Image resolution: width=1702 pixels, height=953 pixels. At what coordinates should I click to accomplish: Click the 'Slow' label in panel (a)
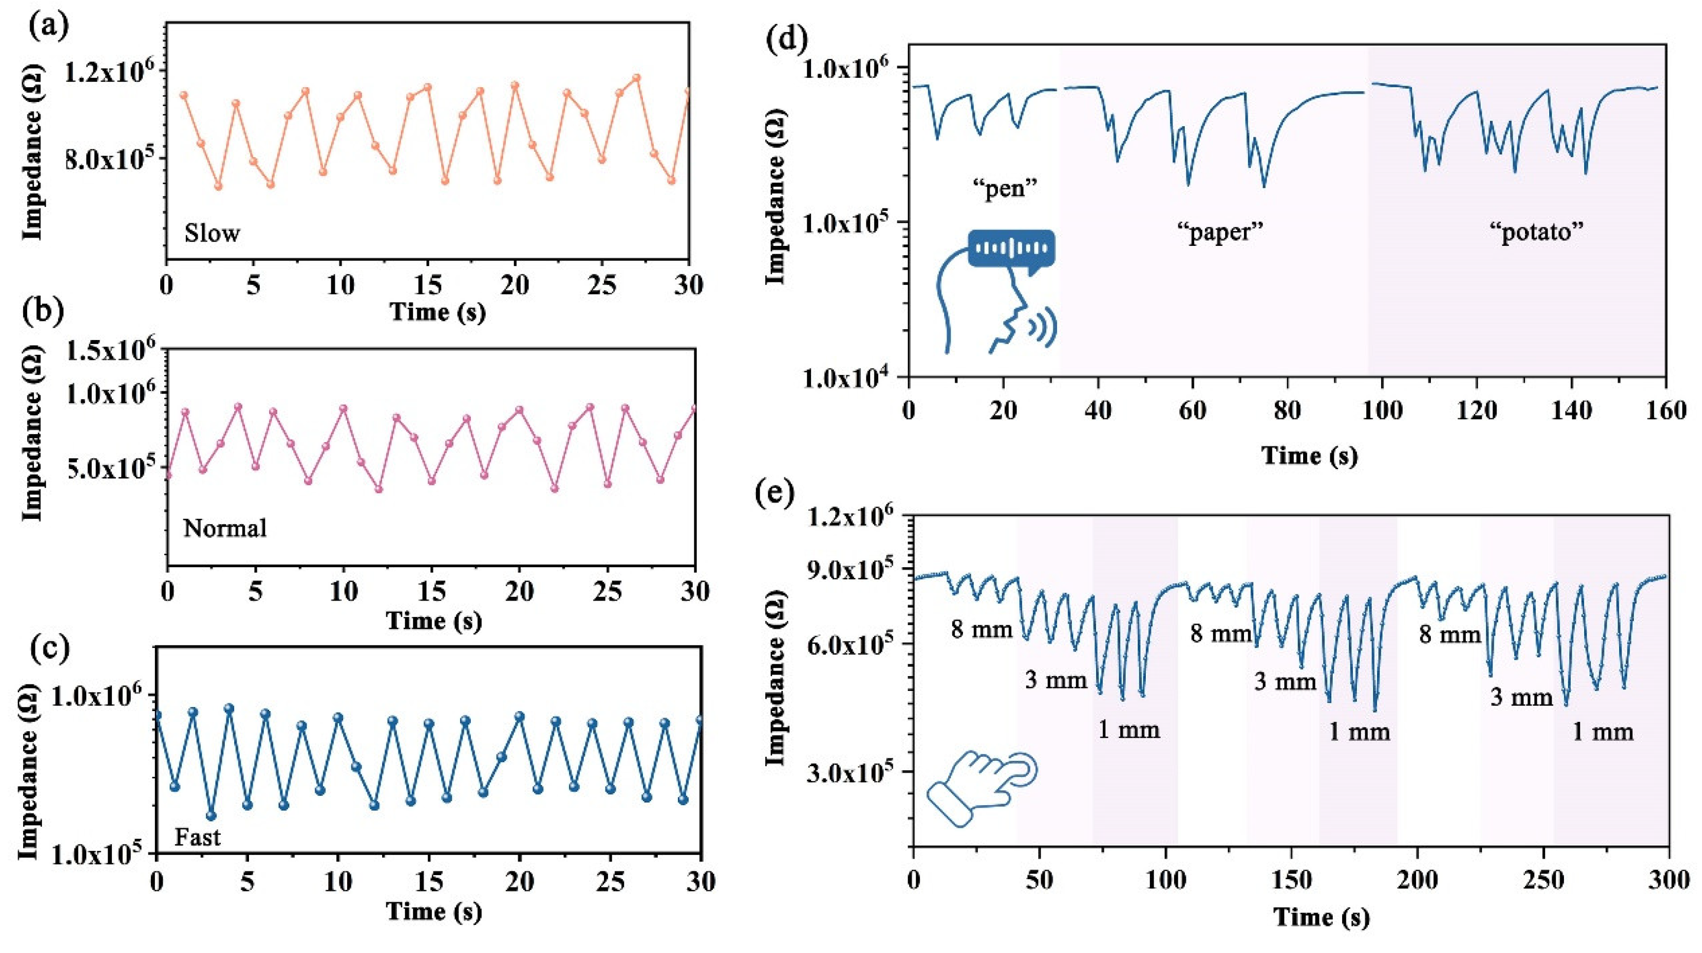[x=212, y=233]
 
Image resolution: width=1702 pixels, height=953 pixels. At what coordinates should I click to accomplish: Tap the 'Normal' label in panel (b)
[x=225, y=528]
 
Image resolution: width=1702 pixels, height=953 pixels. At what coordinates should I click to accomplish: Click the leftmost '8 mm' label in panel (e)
[x=981, y=629]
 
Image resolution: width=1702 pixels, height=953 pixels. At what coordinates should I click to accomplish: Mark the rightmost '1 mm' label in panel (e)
[x=1602, y=731]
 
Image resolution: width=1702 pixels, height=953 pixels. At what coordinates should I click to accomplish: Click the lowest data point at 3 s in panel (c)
[x=212, y=816]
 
